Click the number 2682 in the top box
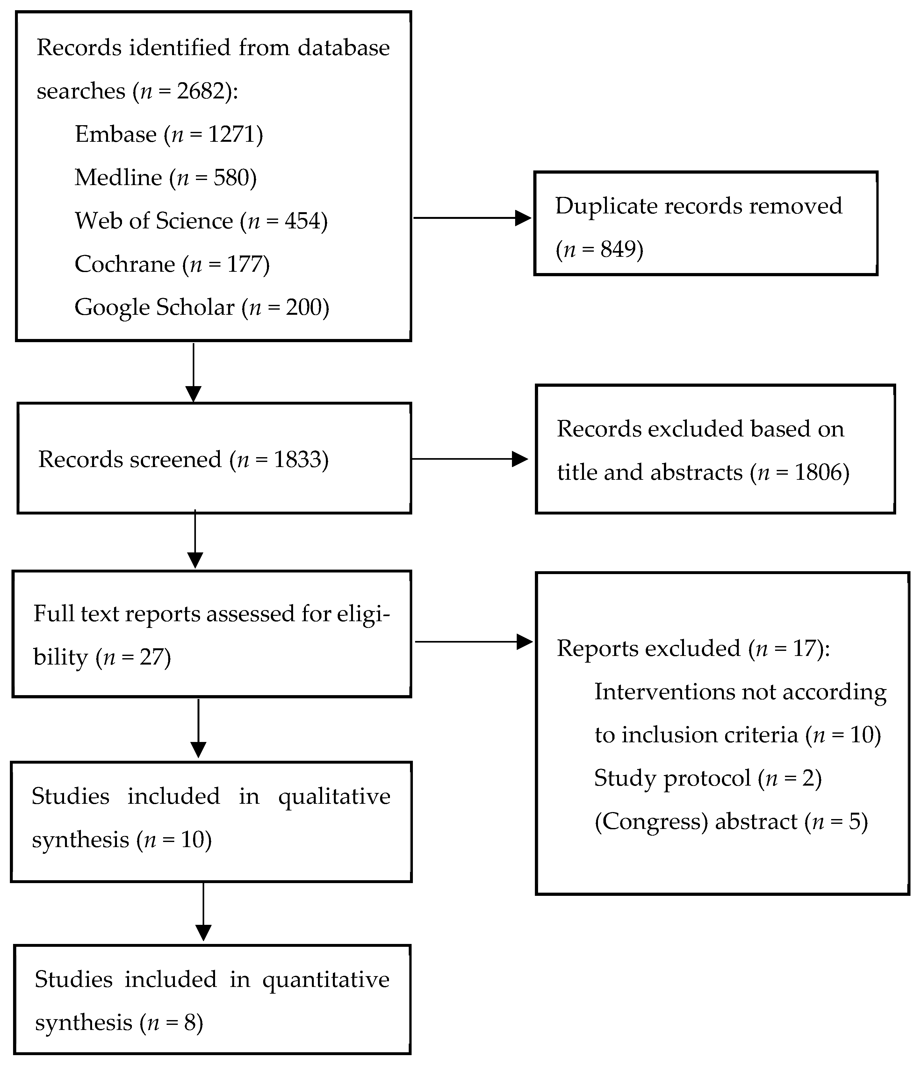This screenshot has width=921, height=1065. [201, 91]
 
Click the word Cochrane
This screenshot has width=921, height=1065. [125, 264]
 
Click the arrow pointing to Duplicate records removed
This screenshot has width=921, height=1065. [472, 218]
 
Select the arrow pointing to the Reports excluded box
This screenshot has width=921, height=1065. [473, 642]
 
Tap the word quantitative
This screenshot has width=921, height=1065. [326, 980]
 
